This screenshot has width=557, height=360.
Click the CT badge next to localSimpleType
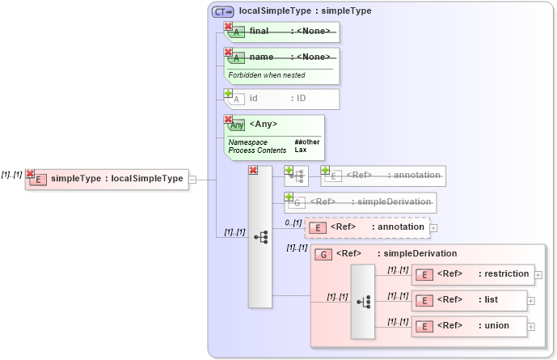(222, 11)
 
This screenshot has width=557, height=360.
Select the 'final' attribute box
(282, 32)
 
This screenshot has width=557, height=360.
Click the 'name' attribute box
(282, 57)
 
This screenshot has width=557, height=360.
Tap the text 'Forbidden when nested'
(266, 75)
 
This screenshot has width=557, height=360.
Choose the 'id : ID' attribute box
(282, 99)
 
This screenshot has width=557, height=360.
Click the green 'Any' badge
(237, 125)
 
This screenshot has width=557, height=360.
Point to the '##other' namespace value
(306, 142)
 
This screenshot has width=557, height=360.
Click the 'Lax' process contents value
(300, 150)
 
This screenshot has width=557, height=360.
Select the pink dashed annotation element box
(367, 227)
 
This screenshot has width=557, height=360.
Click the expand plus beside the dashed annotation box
(434, 228)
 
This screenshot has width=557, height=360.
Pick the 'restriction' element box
(473, 274)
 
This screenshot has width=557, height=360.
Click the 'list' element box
(469, 300)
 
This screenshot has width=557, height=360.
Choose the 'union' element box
(469, 326)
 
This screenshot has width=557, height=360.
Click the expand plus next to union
(531, 327)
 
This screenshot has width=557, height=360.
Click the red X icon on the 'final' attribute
(228, 27)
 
